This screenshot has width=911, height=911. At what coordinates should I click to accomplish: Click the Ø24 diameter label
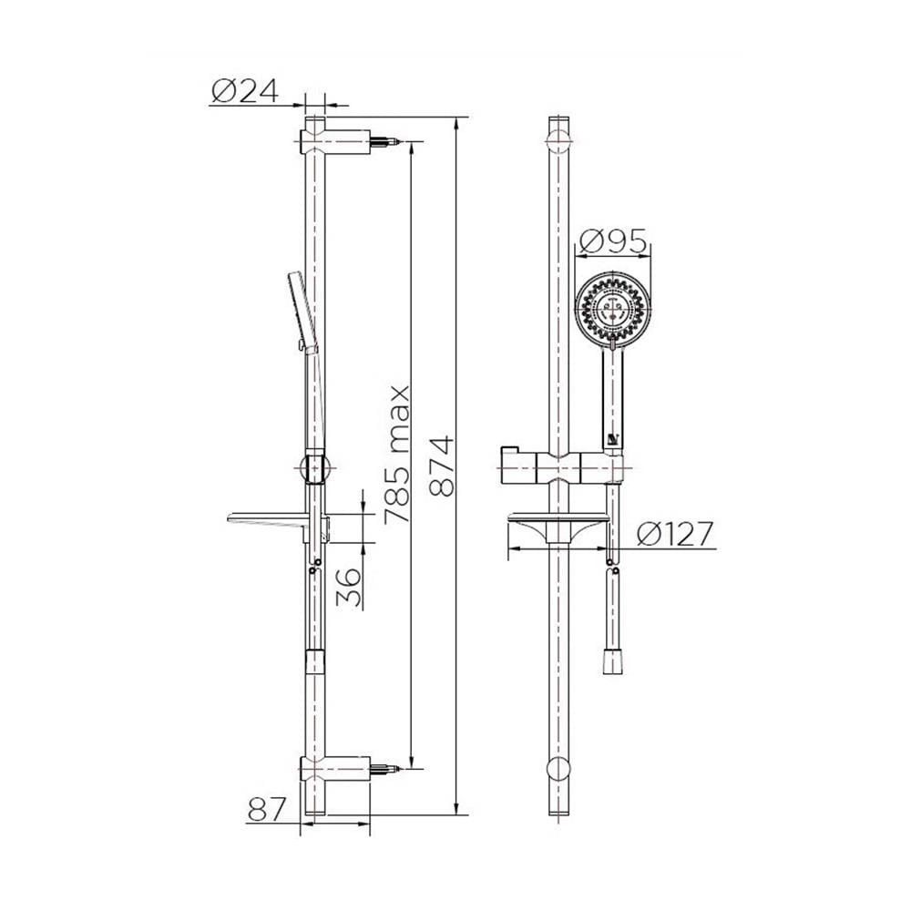coord(245,91)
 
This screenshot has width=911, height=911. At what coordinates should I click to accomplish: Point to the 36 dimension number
coord(349,587)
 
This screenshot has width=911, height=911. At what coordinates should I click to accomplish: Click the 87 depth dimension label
coord(267,809)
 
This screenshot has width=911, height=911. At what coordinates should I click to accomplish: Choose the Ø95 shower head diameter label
coord(613,241)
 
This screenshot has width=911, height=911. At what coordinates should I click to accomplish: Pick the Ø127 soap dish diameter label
coord(674,534)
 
